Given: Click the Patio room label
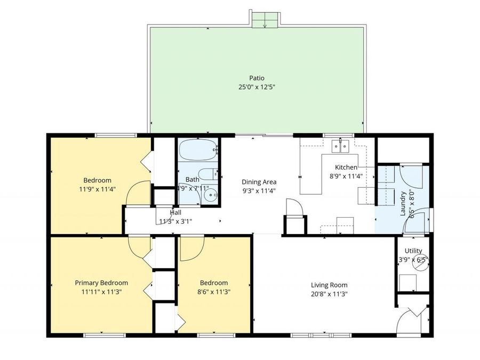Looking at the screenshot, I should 257,78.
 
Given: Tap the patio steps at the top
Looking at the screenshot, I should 265,20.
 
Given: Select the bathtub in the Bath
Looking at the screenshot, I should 198,150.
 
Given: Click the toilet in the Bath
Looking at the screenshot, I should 213,173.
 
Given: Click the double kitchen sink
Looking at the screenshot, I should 340,145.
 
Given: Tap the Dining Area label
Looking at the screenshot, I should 259,182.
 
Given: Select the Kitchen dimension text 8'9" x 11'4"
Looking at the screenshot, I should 346,176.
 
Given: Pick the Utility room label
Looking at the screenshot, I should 413,251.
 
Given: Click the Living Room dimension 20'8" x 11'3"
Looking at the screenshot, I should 329,293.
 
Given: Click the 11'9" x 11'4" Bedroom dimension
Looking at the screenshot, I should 98,188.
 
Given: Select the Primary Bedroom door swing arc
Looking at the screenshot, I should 140,246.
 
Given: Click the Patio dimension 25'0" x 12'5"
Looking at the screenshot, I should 257,86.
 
